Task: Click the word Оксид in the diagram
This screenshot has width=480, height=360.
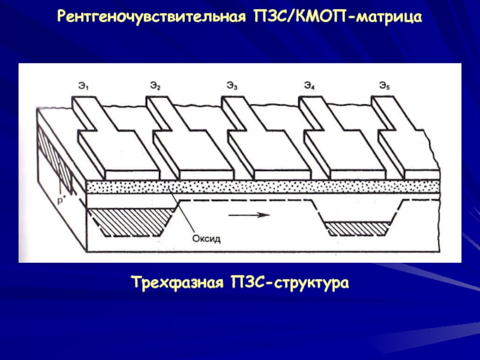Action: [x=206, y=239]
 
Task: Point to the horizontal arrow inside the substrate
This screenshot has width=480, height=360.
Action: [x=247, y=215]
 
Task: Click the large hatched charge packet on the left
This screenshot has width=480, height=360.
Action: [x=129, y=219]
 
